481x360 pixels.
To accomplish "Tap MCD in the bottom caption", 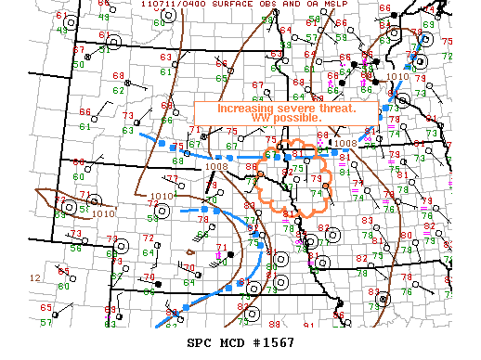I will pos(231,342).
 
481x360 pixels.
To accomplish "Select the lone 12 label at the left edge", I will pos(34,277).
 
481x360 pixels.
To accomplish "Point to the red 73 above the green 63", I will pos(127,116).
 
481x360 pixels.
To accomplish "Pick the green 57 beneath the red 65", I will pos(46,321).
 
